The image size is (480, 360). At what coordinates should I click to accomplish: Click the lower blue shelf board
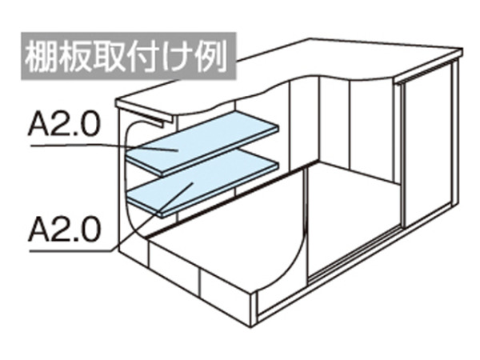click(202, 183)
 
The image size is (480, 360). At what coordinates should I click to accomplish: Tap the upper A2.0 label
click(64, 124)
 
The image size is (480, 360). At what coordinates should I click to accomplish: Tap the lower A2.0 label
click(64, 229)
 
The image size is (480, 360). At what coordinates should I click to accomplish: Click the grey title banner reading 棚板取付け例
click(129, 56)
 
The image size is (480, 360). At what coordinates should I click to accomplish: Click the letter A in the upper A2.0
click(38, 124)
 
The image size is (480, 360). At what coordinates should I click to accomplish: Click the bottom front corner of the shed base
click(251, 327)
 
